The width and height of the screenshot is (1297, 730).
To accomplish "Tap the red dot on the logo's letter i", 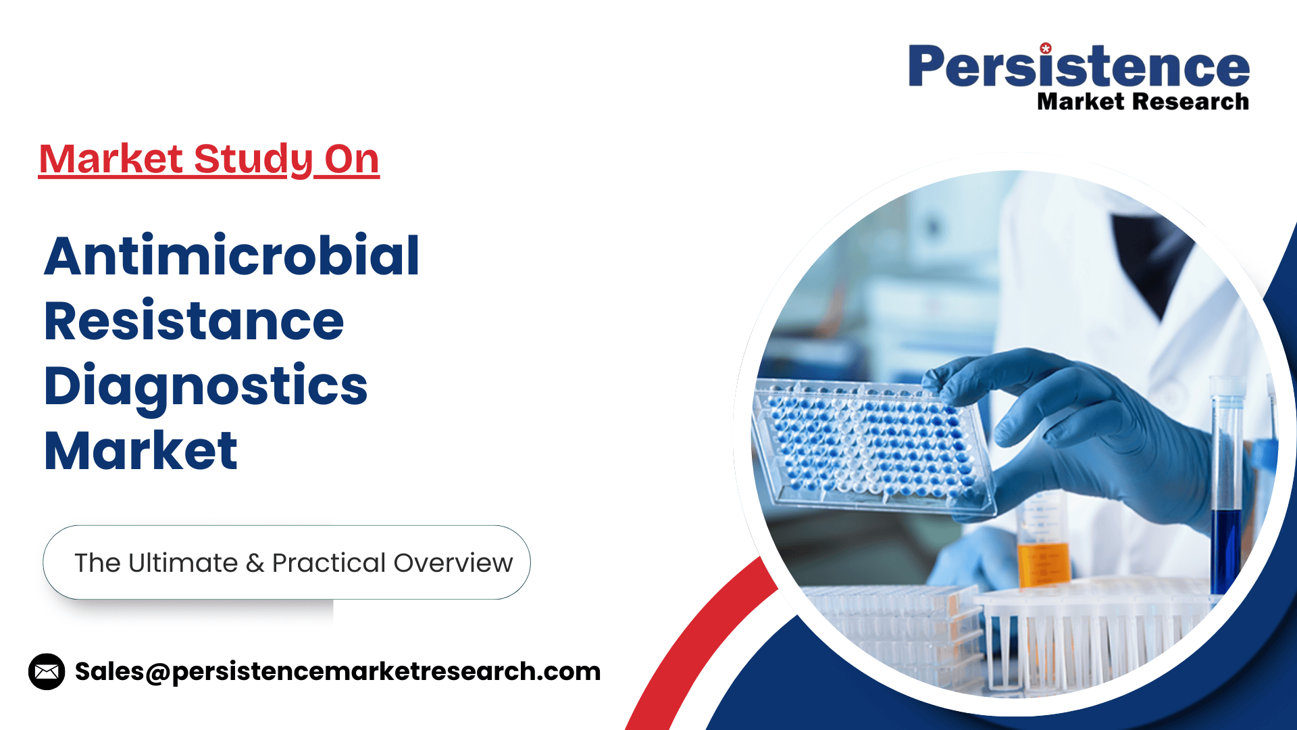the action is (x=1046, y=48).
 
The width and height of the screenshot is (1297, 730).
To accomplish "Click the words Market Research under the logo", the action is (x=1143, y=101).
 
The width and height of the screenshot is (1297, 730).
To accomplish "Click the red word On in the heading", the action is (x=351, y=159).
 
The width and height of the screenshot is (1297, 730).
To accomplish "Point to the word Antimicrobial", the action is (x=232, y=255).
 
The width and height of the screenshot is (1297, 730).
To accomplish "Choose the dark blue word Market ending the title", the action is (x=141, y=450).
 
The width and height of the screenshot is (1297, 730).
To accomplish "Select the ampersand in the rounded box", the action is (x=255, y=563).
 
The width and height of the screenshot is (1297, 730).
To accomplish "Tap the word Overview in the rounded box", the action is (x=453, y=563).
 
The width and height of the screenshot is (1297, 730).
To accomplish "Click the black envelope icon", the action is (x=47, y=672).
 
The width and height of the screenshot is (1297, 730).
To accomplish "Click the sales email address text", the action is (x=338, y=672).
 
